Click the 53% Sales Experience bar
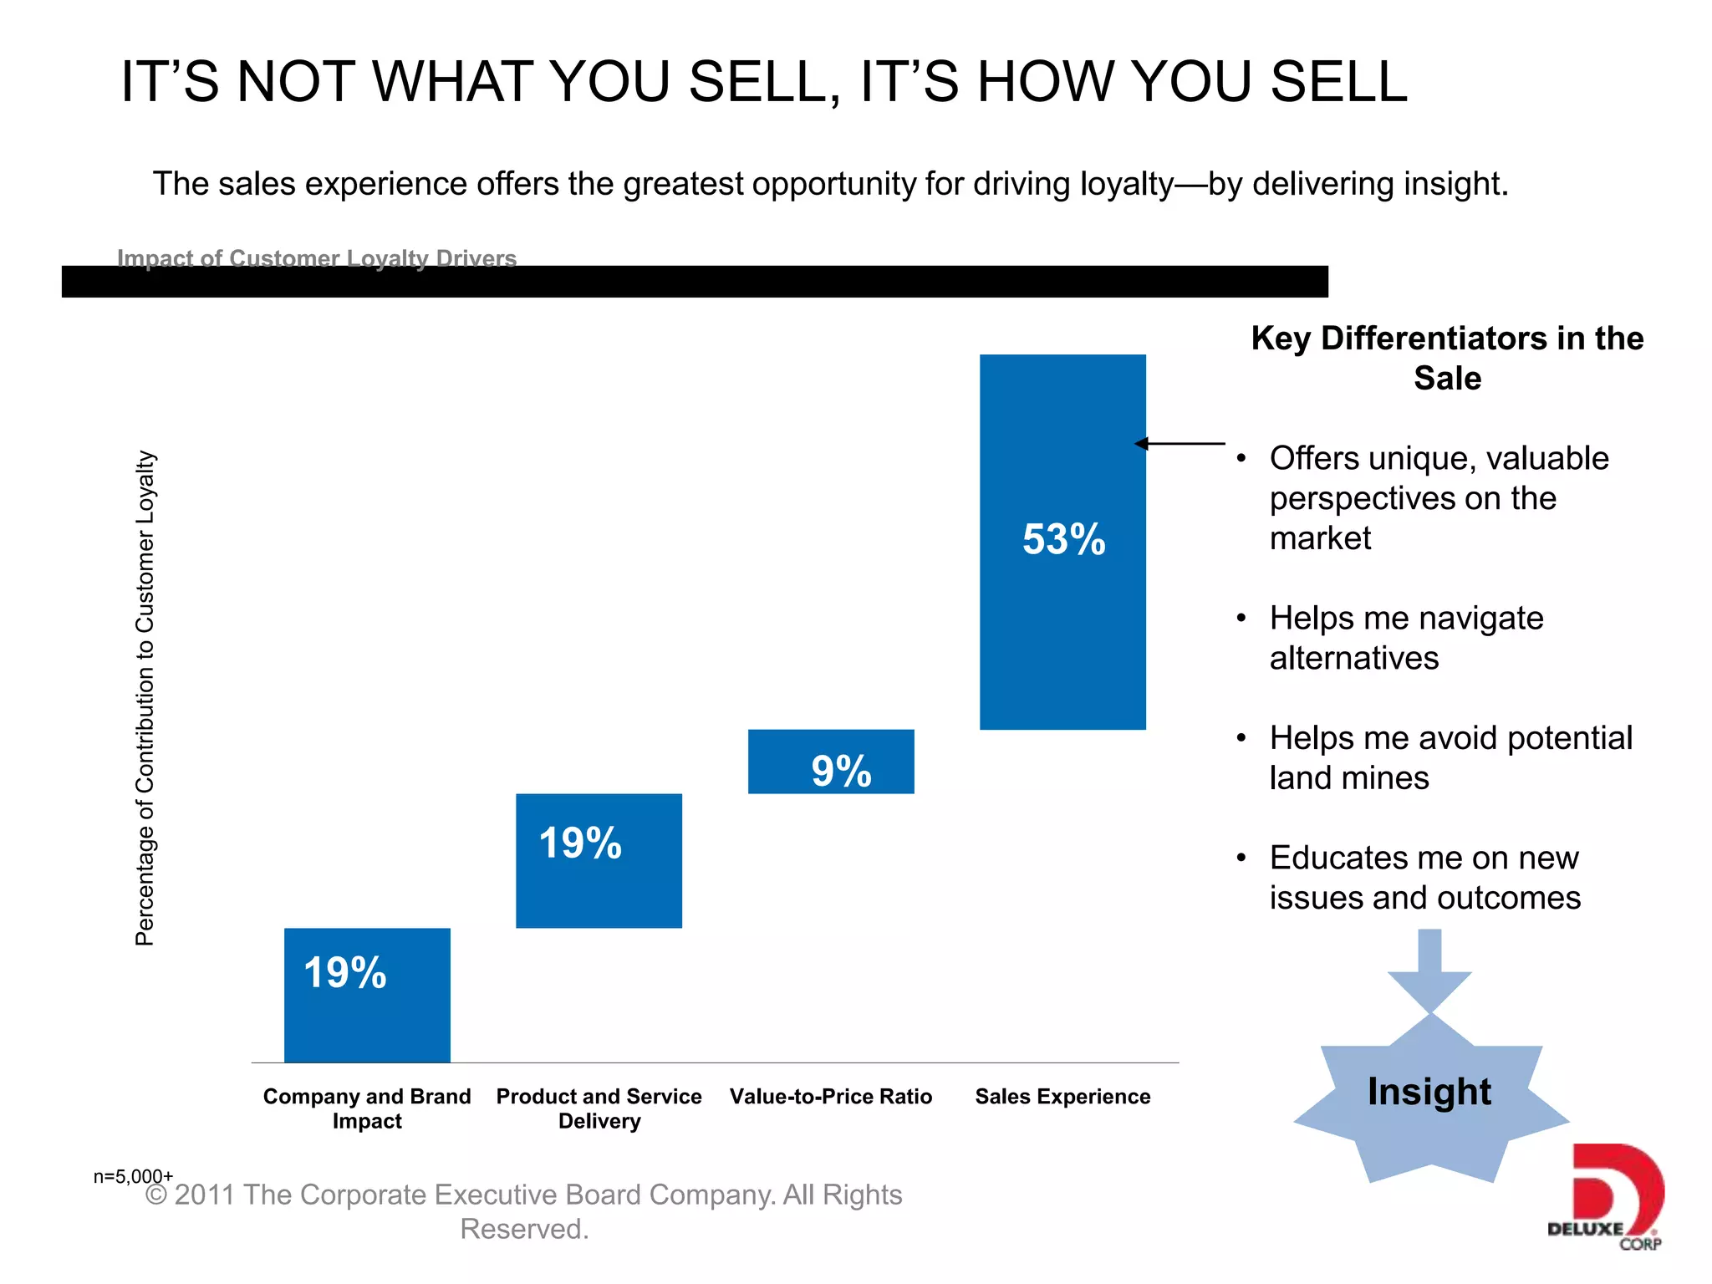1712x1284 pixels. point(1062,542)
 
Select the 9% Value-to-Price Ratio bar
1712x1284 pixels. point(831,762)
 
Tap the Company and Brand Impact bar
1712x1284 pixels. point(367,995)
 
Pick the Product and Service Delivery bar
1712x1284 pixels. point(599,860)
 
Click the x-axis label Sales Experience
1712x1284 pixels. point(1062,1097)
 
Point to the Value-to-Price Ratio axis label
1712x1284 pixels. point(830,1097)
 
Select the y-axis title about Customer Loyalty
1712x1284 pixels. point(145,698)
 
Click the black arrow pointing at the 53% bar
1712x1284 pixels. point(1180,444)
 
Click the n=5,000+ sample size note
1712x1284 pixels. point(133,1177)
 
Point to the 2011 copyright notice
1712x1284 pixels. point(524,1211)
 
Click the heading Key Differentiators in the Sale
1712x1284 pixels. point(1447,358)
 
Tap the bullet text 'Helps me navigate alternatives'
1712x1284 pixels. point(1406,638)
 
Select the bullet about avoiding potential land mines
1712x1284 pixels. point(1450,757)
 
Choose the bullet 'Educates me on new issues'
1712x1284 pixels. point(1424,878)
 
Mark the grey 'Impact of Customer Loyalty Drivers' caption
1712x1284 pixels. point(317,257)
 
